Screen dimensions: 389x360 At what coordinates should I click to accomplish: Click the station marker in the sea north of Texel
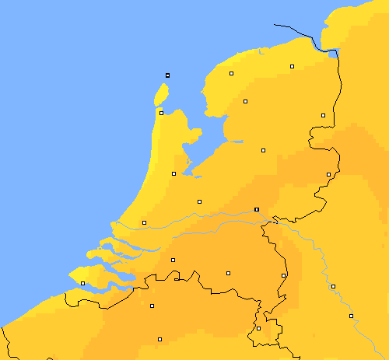(x=167, y=75)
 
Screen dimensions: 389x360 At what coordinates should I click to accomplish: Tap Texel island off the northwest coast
(x=161, y=95)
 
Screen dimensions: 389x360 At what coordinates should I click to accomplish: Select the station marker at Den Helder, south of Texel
(x=161, y=113)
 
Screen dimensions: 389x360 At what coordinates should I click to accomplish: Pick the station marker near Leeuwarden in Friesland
(x=231, y=74)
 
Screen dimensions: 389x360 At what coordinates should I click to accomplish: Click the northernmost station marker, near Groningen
(x=292, y=67)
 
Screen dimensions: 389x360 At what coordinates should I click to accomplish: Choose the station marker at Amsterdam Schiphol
(x=173, y=173)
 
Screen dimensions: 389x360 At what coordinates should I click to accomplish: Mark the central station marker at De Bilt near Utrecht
(x=199, y=201)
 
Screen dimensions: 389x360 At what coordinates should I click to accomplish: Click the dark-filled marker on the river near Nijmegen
(x=256, y=209)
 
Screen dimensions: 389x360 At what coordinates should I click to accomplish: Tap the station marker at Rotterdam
(x=144, y=223)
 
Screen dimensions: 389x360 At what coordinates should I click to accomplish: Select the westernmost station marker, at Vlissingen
(x=82, y=284)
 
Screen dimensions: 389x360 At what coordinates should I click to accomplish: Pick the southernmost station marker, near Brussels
(x=159, y=339)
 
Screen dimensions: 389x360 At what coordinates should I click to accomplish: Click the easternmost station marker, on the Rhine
(x=351, y=316)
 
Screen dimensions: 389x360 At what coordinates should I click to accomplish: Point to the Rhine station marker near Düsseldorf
(x=333, y=286)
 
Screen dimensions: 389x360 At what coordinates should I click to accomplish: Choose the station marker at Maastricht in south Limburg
(x=258, y=328)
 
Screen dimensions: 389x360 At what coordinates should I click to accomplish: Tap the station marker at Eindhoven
(x=228, y=273)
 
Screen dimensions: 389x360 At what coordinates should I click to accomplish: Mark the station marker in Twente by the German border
(x=328, y=174)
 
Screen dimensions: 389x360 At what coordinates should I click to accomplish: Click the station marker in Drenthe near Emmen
(x=323, y=116)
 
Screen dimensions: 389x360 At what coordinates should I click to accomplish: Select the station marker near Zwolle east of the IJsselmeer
(x=263, y=150)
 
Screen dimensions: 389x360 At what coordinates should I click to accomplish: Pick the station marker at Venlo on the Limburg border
(x=283, y=275)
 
